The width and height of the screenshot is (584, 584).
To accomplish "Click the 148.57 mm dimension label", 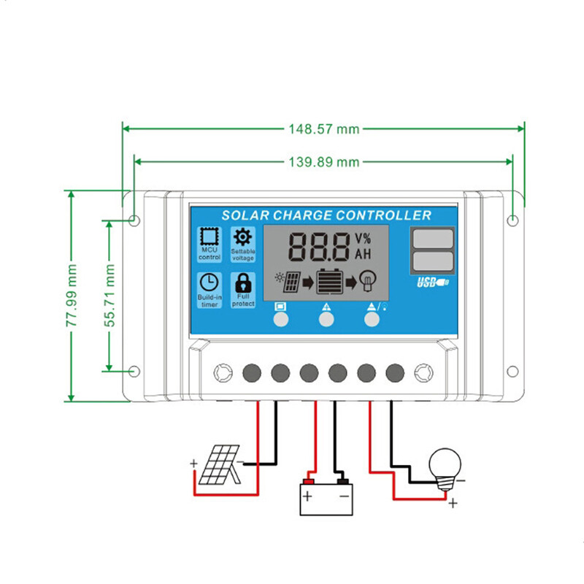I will (323, 129).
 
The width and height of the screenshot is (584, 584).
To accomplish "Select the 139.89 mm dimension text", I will (323, 162).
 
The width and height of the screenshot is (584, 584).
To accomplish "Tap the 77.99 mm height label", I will (72, 296).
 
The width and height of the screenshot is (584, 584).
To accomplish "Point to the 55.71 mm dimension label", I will (109, 296).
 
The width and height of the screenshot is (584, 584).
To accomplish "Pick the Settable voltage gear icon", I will (242, 237).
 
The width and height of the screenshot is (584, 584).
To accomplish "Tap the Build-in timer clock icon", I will (209, 283).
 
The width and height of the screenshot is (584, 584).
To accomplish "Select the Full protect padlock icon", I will (242, 283).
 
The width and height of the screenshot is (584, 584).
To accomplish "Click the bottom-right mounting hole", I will (513, 371).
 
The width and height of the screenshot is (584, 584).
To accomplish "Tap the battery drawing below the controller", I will (326, 499).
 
